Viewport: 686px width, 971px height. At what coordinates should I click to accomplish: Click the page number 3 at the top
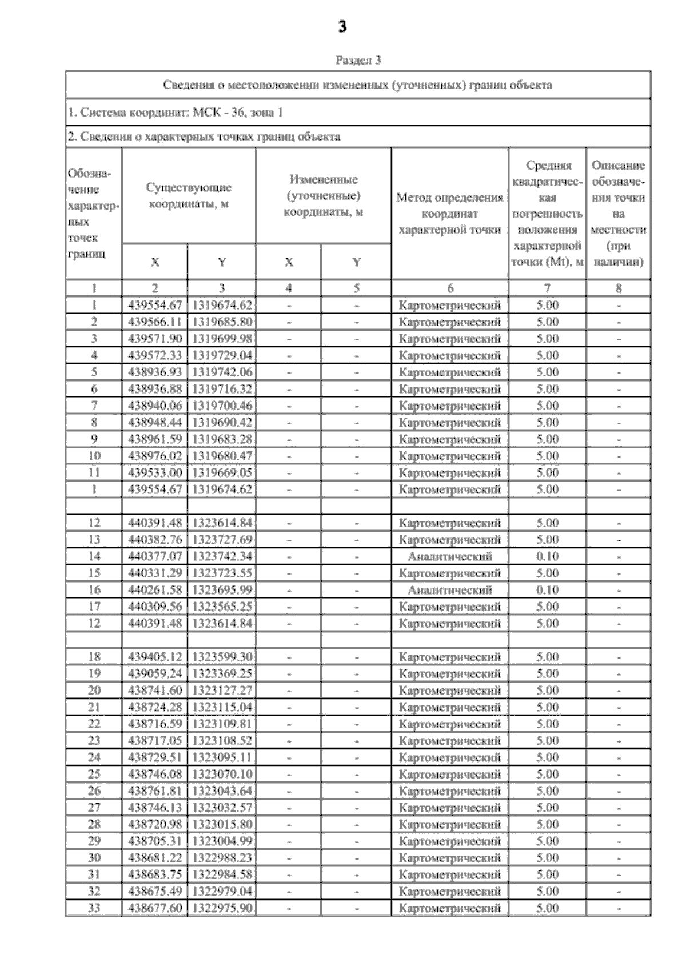tap(342, 27)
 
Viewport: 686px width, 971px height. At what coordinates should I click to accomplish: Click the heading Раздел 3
tap(358, 60)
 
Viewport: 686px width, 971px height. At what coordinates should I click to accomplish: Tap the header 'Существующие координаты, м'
tap(189, 195)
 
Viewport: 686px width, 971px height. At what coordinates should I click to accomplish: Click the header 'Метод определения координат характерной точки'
tap(450, 214)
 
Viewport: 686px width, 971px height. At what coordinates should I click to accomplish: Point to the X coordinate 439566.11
tap(154, 322)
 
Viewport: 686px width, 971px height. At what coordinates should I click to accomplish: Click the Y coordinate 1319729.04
tap(222, 355)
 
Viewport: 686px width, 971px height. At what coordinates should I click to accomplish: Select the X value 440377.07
tap(154, 556)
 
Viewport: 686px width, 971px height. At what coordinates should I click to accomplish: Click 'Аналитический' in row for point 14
tap(450, 556)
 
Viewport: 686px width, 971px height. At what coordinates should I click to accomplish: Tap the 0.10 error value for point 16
tap(547, 589)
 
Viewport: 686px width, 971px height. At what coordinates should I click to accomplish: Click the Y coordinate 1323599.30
tap(222, 657)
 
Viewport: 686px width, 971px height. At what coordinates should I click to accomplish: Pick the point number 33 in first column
tap(94, 908)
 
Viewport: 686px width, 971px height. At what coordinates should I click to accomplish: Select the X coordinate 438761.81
tap(154, 791)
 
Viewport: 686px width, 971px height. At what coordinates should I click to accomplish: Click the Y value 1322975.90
tap(222, 908)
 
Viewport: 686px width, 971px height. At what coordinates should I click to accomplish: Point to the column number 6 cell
tap(450, 288)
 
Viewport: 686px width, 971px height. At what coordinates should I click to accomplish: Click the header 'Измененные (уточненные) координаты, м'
tap(324, 195)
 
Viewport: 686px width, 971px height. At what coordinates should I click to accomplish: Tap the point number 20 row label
tap(94, 690)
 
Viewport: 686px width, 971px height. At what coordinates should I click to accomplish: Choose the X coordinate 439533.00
tap(154, 473)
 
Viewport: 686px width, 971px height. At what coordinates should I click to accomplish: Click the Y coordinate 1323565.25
tap(222, 607)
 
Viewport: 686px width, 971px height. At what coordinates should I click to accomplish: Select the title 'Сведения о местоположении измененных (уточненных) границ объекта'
tap(358, 86)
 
